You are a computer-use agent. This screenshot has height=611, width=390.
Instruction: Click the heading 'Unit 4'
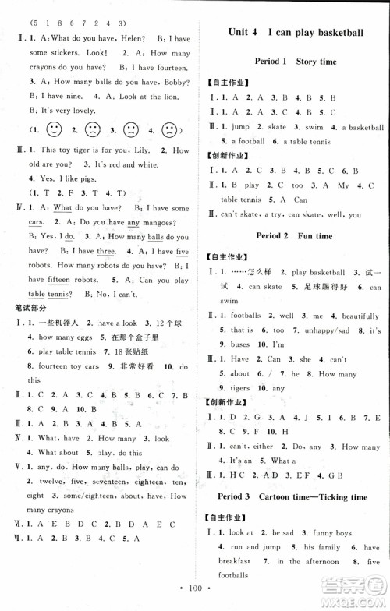point(243,33)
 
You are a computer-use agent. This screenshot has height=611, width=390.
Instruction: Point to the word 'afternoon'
point(317,560)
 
